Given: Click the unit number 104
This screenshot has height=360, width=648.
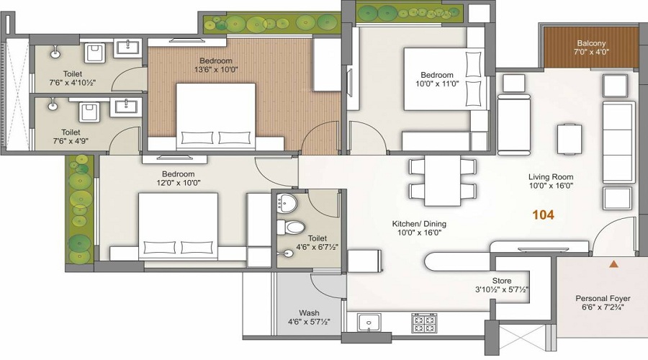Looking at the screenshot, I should tap(544, 215).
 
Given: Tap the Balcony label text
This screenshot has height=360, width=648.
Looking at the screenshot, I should tap(591, 42).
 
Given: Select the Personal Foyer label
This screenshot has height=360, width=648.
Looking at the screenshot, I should tap(603, 298).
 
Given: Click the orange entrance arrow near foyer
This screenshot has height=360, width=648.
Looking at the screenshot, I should tap(613, 264).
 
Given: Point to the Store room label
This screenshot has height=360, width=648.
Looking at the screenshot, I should tap(501, 281).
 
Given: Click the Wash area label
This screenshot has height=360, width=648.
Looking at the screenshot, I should tap(309, 313).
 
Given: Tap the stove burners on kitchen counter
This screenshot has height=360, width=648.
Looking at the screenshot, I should tap(423, 323).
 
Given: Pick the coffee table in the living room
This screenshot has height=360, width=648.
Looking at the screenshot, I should tap(570, 138).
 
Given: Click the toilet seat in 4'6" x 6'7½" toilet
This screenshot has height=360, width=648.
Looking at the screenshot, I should tap(291, 228).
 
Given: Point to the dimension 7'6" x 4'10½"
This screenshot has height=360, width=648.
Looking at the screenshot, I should tap(71, 83).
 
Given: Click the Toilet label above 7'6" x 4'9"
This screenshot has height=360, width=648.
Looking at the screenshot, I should tap(71, 132).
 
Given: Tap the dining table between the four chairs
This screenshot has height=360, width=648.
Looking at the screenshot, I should tap(443, 179).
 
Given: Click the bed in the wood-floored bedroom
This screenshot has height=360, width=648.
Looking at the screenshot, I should tap(216, 115).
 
